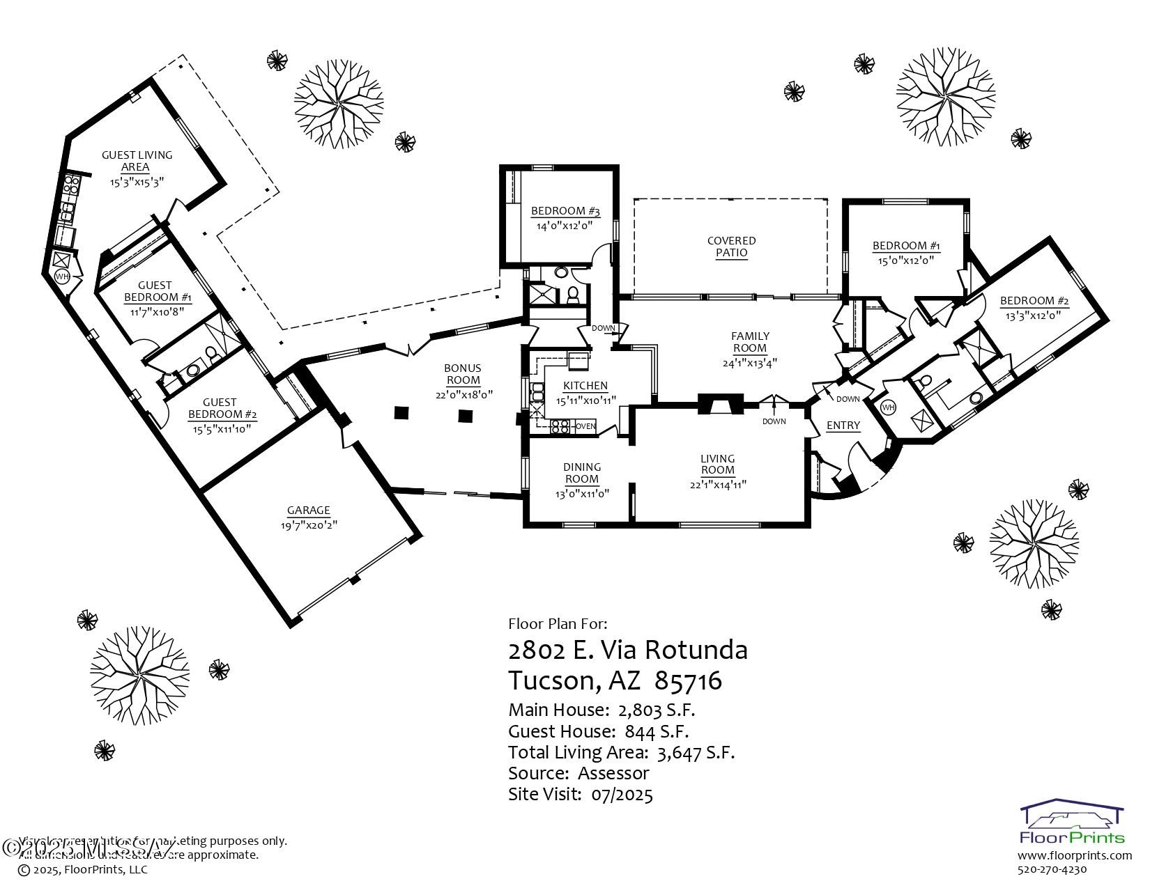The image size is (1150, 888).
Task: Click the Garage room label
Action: pyautogui.click(x=309, y=511)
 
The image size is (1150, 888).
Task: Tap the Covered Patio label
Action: pyautogui.click(x=731, y=247)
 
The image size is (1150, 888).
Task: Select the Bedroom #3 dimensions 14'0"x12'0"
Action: pyautogui.click(x=565, y=226)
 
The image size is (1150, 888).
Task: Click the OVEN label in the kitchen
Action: pyautogui.click(x=585, y=426)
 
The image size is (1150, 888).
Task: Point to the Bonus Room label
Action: pyautogui.click(x=463, y=374)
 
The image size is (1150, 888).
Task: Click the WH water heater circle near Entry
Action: pyautogui.click(x=888, y=407)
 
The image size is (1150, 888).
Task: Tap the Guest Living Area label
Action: pyautogui.click(x=137, y=161)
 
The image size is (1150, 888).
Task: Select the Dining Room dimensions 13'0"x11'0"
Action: pyautogui.click(x=582, y=493)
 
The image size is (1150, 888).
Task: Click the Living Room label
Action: pyautogui.click(x=718, y=464)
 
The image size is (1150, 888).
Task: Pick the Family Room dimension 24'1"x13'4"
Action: pyautogui.click(x=750, y=363)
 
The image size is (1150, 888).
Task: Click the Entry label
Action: pyautogui.click(x=843, y=426)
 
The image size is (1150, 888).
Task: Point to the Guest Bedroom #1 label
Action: pyautogui.click(x=156, y=291)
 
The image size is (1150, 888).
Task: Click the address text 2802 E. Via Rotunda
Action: pyautogui.click(x=628, y=650)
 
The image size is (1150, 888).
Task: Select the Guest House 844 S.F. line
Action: pyautogui.click(x=598, y=731)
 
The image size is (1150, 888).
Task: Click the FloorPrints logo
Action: pyautogui.click(x=1072, y=822)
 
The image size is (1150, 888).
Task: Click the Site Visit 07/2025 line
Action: pyautogui.click(x=580, y=794)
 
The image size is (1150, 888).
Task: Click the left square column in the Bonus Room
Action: pyautogui.click(x=401, y=413)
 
